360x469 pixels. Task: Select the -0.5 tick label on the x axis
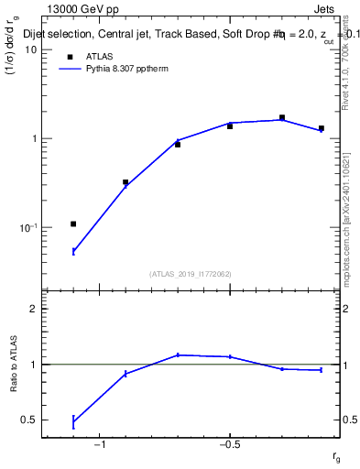(x=229, y=445)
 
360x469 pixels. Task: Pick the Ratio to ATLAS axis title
(x=16, y=364)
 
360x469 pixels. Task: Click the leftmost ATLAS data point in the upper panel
(x=73, y=224)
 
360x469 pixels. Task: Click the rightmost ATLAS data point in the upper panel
(x=321, y=128)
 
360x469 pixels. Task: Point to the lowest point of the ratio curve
(x=73, y=422)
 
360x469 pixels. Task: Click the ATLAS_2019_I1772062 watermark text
(x=191, y=273)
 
